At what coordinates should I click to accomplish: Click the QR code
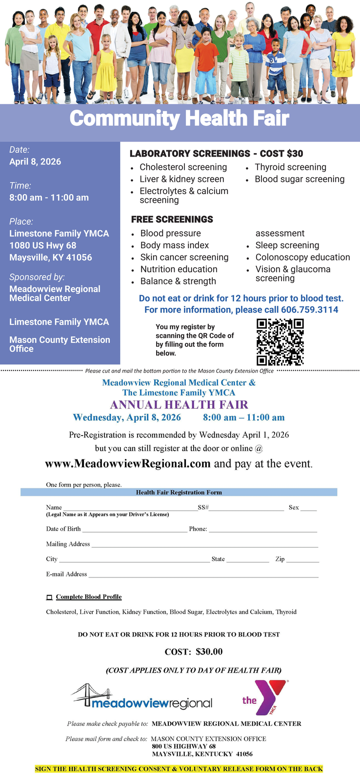click(x=280, y=341)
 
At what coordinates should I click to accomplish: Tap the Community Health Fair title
click(x=180, y=119)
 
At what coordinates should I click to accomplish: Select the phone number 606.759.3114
click(x=309, y=310)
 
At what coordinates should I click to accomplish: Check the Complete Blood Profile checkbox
click(x=49, y=597)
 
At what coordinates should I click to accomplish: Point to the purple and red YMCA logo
click(x=266, y=697)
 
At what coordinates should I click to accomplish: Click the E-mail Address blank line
click(x=203, y=575)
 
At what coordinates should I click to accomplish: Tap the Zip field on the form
click(x=302, y=559)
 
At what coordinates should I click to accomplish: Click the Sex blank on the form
click(x=308, y=508)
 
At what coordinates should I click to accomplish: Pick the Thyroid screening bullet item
click(x=290, y=167)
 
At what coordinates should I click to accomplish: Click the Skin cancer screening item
click(x=184, y=258)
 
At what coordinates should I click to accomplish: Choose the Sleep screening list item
click(x=287, y=245)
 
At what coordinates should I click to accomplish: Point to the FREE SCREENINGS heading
click(x=172, y=219)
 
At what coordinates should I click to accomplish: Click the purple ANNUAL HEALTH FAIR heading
click(x=179, y=405)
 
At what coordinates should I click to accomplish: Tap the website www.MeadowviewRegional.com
click(x=128, y=463)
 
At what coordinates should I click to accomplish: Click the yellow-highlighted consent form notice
click(x=179, y=769)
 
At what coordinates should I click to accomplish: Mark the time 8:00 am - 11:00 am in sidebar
click(x=49, y=198)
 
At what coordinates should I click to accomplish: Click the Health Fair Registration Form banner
click(x=179, y=493)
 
